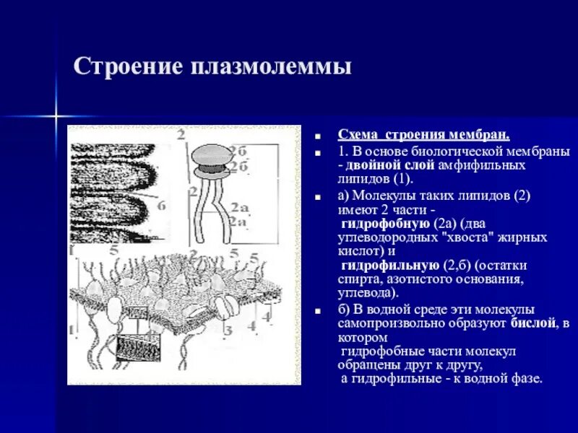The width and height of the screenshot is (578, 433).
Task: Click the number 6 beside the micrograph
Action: pos(162,206)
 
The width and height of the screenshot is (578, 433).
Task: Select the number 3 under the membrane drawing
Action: pos(227,331)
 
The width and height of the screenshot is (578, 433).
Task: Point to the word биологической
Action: pos(433,152)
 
